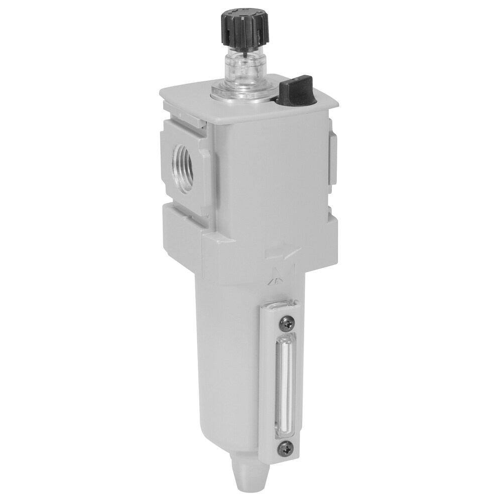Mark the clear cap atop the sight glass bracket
pos(282,304)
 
